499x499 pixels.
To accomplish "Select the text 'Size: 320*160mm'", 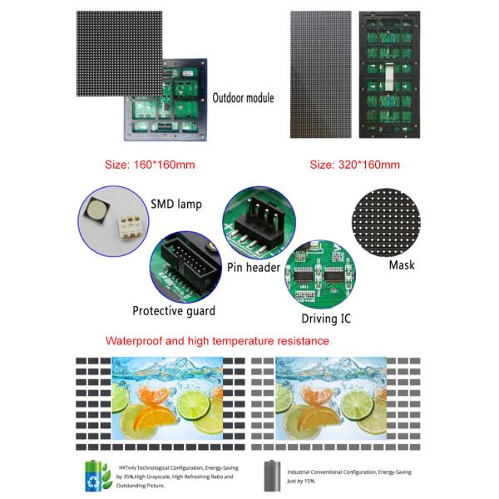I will pyautogui.click(x=354, y=165).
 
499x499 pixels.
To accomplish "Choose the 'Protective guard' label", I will pyautogui.click(x=174, y=311).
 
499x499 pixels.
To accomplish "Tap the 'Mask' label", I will pyautogui.click(x=402, y=266).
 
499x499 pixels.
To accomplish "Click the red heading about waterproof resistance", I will pyautogui.click(x=218, y=341).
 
